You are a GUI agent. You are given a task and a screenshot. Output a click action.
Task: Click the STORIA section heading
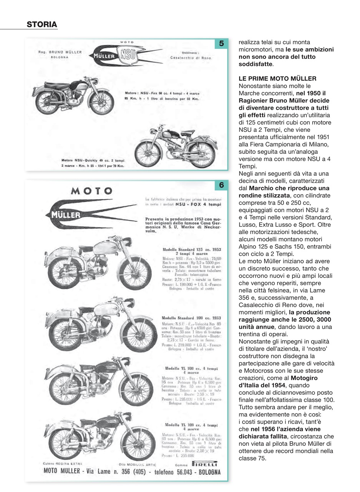[x=42, y=25]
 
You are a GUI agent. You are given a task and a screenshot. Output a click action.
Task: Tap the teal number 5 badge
[x=221, y=44]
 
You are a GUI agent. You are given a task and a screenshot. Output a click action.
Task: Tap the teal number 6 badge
[x=221, y=185]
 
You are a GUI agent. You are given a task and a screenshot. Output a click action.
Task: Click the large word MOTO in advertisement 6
[x=91, y=191]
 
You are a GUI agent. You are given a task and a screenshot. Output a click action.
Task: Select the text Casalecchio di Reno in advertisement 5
[x=191, y=58]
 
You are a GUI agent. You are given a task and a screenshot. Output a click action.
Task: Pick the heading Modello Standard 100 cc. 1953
[x=191, y=318]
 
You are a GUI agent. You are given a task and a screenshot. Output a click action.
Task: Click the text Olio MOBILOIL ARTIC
[x=138, y=464]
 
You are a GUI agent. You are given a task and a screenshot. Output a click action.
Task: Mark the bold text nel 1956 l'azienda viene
[x=285, y=429]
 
